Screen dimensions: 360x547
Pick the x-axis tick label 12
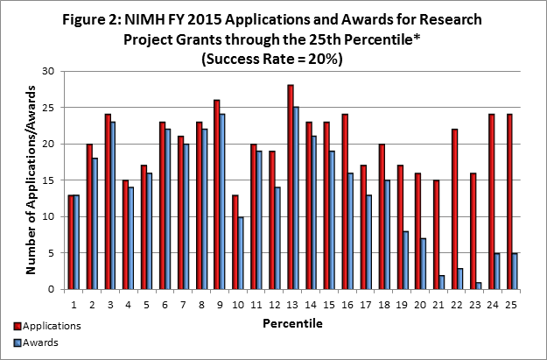point(273,305)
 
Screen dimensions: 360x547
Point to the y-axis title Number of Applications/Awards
point(30,180)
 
